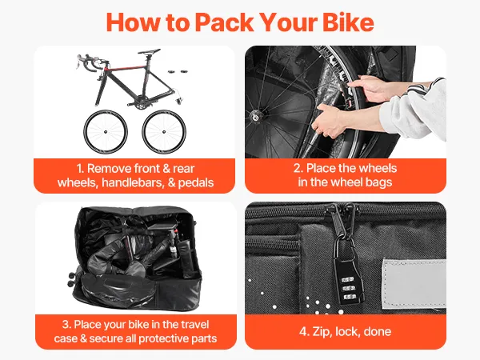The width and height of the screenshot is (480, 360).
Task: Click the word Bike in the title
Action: point(348,22)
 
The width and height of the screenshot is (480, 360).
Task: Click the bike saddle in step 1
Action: point(149,51)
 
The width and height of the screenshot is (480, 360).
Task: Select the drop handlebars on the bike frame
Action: point(88,62)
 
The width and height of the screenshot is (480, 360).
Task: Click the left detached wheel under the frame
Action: point(106,132)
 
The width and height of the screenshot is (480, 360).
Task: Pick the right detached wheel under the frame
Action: point(164,132)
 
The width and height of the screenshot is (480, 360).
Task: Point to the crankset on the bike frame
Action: point(140,104)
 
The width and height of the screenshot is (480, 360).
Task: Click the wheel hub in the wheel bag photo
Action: point(254,116)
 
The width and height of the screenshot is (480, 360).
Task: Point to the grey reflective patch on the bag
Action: point(414,283)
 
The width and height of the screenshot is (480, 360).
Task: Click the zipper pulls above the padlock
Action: point(345,221)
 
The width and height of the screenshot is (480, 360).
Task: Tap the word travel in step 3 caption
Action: point(194,325)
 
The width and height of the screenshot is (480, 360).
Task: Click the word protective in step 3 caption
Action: point(161,338)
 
